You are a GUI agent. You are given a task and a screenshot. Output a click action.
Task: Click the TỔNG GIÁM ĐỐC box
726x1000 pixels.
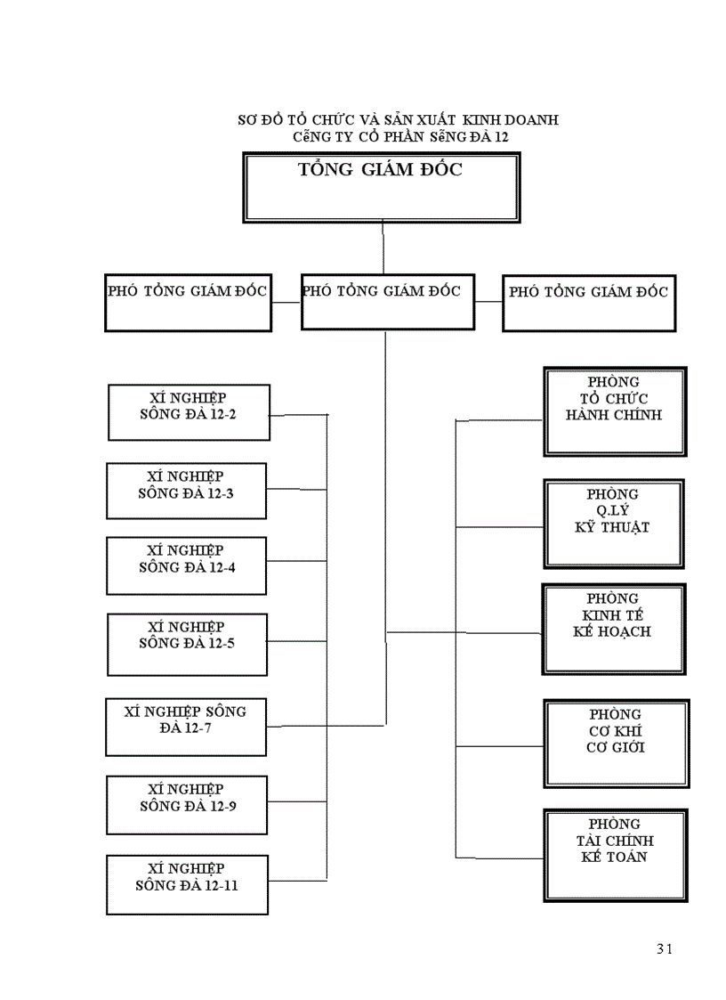click(x=382, y=187)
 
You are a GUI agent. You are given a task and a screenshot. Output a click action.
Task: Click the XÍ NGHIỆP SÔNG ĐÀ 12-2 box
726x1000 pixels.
click(x=189, y=412)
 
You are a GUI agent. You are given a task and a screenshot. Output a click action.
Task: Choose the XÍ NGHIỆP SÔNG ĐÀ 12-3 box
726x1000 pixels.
click(x=186, y=491)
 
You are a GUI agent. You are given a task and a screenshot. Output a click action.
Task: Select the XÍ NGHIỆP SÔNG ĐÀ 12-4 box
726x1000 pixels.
click(x=186, y=565)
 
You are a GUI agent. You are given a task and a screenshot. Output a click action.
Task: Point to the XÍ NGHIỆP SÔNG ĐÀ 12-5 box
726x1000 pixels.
click(x=187, y=642)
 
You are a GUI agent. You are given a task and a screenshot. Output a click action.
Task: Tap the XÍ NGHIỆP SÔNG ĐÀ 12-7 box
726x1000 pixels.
click(x=186, y=727)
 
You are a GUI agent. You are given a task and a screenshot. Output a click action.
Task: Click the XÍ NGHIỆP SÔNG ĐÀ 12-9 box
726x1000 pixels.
click(x=186, y=805)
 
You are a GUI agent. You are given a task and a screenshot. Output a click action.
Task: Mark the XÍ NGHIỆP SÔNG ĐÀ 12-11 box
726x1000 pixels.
click(x=187, y=884)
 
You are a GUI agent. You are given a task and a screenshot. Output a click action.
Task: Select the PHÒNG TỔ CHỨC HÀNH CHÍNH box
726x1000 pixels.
click(x=614, y=411)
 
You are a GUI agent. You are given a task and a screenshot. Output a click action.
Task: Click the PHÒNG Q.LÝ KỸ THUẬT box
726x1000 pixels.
click(x=613, y=522)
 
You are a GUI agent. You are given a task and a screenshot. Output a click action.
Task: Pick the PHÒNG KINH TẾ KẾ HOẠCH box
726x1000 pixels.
click(x=613, y=628)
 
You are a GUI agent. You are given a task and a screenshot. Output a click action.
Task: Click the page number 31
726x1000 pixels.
click(x=664, y=948)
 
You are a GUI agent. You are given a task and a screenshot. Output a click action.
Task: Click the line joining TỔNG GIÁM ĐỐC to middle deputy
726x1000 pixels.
click(x=383, y=248)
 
